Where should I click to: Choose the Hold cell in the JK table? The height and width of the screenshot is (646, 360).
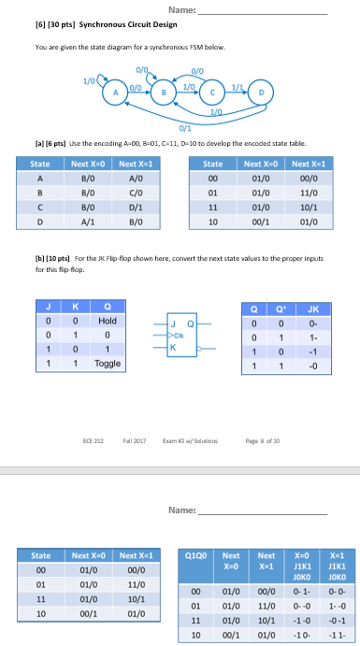(108, 320)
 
